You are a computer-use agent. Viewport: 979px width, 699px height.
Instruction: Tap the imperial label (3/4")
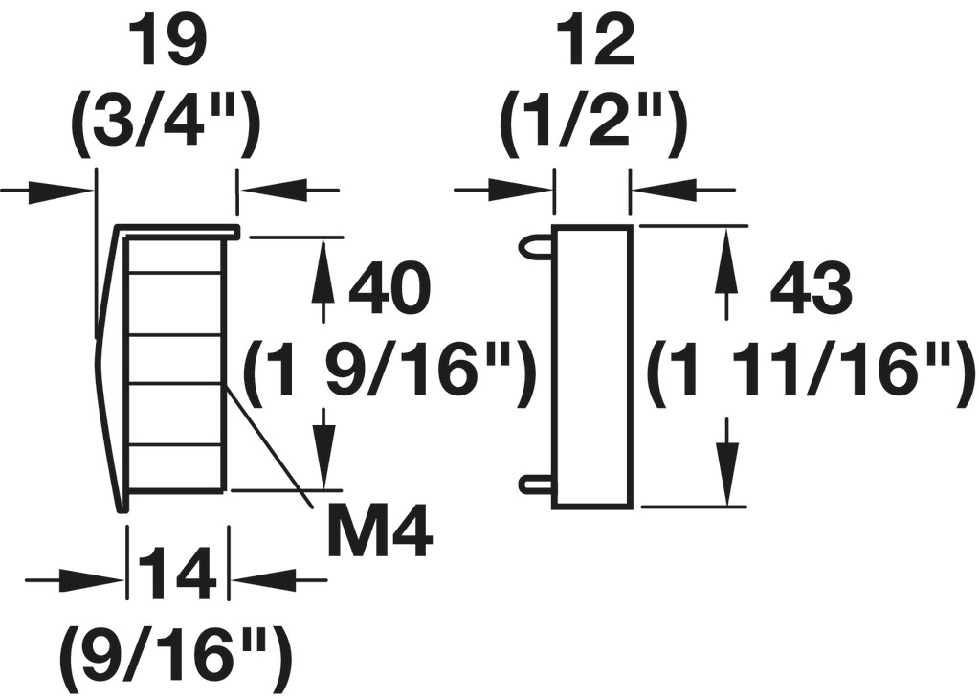coord(166,124)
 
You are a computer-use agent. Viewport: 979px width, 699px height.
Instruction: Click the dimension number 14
coord(178,578)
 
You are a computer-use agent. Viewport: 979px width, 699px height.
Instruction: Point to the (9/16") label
coord(175,658)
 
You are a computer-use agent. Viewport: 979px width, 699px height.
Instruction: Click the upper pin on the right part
coord(536,246)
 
